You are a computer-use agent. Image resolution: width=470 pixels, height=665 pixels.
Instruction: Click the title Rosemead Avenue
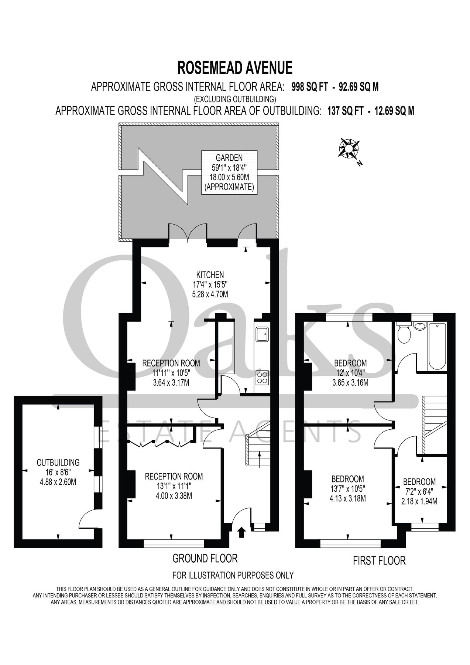click(235, 68)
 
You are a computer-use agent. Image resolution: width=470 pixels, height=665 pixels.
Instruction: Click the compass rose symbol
click(349, 149)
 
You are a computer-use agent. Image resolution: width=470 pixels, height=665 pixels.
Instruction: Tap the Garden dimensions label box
click(229, 172)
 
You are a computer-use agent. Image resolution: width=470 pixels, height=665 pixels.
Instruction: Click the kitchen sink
click(263, 334)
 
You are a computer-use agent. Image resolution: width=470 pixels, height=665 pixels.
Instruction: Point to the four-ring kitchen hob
click(263, 377)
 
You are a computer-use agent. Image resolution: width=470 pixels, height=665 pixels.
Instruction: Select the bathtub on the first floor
click(437, 346)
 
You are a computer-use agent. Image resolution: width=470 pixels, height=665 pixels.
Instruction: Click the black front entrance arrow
click(241, 532)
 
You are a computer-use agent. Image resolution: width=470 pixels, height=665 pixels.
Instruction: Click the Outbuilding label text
click(58, 462)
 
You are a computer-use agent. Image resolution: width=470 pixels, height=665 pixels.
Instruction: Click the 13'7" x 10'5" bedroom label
click(347, 489)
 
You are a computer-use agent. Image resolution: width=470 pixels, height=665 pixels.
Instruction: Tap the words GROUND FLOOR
click(205, 558)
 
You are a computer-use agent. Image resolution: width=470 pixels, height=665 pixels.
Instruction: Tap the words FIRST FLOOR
click(379, 561)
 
